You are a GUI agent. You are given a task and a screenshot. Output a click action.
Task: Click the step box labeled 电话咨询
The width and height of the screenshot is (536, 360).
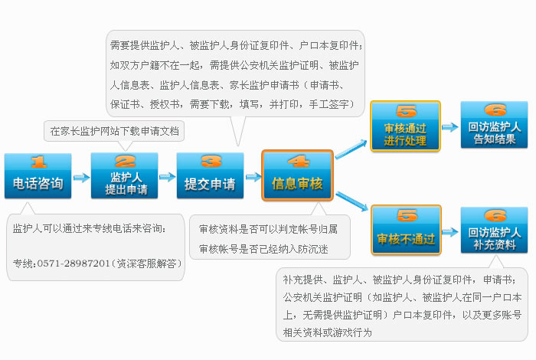click(x=38, y=175)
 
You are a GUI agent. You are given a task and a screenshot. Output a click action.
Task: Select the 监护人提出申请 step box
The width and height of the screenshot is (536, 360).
click(x=124, y=175)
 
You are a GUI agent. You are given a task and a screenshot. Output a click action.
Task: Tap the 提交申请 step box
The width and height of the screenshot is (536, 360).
click(x=211, y=175)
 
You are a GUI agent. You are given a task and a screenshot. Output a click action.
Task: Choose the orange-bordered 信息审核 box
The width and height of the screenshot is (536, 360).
click(x=297, y=175)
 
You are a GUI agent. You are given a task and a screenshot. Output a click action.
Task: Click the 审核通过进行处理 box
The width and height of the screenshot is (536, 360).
click(x=405, y=126)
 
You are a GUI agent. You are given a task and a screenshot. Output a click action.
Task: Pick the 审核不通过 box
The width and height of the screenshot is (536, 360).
click(x=406, y=230)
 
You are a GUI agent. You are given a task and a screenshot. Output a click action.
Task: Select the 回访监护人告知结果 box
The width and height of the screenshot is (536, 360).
click(x=495, y=125)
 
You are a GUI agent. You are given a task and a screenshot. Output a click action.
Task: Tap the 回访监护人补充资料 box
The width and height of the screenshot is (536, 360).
click(x=495, y=230)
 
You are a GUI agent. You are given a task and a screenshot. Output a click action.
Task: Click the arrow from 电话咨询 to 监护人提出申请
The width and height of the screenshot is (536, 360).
click(x=82, y=178)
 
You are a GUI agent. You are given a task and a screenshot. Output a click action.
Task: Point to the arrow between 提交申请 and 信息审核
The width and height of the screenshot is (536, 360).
click(x=253, y=177)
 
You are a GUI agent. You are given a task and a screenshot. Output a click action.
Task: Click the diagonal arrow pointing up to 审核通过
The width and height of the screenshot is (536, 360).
click(x=351, y=149)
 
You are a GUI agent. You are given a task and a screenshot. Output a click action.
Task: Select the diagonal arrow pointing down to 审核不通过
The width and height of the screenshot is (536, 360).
click(x=351, y=201)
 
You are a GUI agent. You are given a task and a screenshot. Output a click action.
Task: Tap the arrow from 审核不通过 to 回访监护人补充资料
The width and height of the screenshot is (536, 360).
click(x=450, y=232)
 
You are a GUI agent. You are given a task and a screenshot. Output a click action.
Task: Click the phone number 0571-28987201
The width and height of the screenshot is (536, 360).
click(x=74, y=263)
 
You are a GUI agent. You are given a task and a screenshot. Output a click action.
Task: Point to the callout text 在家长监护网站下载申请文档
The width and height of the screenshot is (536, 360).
click(x=115, y=131)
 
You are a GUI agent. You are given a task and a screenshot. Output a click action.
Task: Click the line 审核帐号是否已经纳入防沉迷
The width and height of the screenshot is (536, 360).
click(x=263, y=249)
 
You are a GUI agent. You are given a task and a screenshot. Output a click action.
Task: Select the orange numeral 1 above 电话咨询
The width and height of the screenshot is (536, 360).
click(x=38, y=162)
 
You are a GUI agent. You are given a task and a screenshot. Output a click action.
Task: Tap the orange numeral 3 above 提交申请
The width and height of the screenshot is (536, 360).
click(x=211, y=161)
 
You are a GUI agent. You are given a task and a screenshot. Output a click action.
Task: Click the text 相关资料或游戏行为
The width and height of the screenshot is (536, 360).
click(x=327, y=332)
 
